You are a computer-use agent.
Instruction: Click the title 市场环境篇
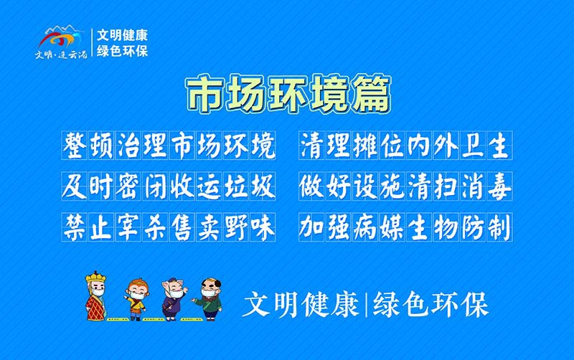point(288,95)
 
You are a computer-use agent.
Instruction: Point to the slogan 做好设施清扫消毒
point(405,187)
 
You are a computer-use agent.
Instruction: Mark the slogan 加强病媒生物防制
point(405,228)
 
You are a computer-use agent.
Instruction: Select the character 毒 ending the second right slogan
point(499,187)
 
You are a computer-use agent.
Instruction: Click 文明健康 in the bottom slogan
point(301,305)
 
